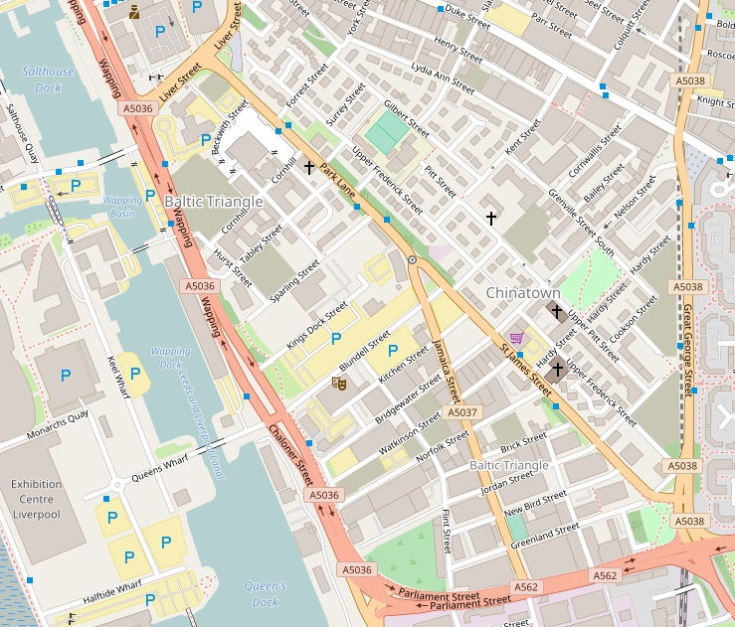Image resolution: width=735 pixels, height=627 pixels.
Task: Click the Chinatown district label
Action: coord(522,293)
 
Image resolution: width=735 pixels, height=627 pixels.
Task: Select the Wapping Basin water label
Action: coord(122,207)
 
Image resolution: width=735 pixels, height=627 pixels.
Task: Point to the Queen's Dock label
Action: coord(265,593)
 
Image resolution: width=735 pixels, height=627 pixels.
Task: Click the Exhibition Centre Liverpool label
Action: coord(36,499)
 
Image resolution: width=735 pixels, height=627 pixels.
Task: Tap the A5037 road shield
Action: coord(462,411)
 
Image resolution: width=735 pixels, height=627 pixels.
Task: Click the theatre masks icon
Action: coord(339,382)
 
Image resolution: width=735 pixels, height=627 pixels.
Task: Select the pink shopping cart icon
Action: coord(515,338)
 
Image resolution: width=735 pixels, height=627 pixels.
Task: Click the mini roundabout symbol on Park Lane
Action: coord(412,259)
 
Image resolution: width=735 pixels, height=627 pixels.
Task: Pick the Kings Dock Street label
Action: coord(316,324)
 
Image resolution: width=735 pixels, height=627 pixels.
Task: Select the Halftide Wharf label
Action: coord(113,594)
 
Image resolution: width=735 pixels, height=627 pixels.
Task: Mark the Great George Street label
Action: coord(686,349)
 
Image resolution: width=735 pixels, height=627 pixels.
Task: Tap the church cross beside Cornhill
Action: coord(309,169)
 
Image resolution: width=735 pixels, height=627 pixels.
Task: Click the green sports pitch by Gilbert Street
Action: coord(387,132)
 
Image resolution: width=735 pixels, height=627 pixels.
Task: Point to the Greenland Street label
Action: coord(544,536)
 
